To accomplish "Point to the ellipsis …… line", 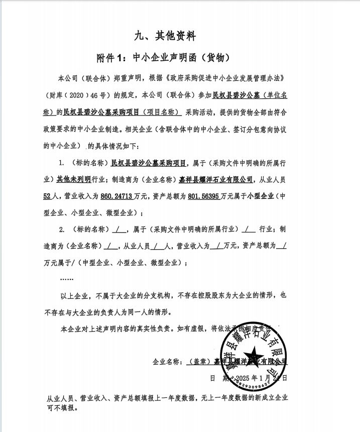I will pos(66,278).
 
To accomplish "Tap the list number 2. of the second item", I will pos(62,230).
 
